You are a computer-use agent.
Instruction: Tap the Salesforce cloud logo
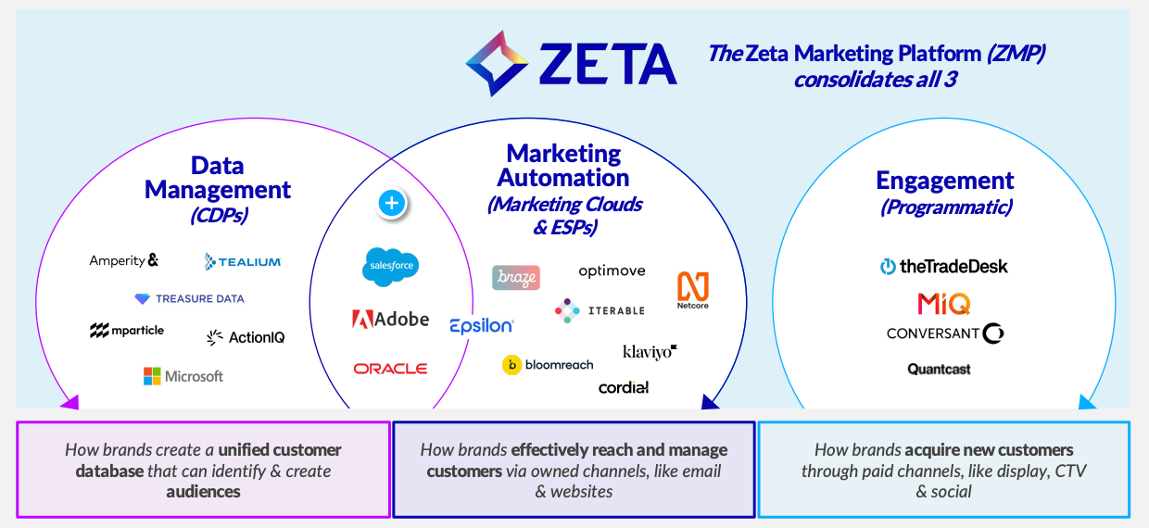pyautogui.click(x=390, y=267)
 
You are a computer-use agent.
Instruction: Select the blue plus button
pyautogui.click(x=392, y=203)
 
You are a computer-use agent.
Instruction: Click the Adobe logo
pyautogui.click(x=390, y=320)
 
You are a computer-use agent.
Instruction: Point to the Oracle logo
pyautogui.click(x=390, y=369)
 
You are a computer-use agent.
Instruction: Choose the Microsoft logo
pyautogui.click(x=183, y=376)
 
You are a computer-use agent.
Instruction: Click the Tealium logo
pyautogui.click(x=243, y=262)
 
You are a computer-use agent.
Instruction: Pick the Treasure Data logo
pyautogui.click(x=189, y=299)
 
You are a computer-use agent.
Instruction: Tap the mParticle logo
pyautogui.click(x=127, y=331)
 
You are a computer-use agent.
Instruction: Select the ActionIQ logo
pyautogui.click(x=246, y=337)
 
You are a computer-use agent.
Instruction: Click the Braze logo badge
pyautogui.click(x=516, y=278)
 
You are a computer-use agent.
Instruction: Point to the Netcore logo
pyautogui.click(x=693, y=290)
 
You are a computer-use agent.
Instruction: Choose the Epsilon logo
pyautogui.click(x=481, y=325)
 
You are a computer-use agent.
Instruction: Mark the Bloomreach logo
pyautogui.click(x=548, y=365)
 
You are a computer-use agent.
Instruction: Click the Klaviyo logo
pyautogui.click(x=650, y=352)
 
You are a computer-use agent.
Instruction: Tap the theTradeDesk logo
pyautogui.click(x=943, y=267)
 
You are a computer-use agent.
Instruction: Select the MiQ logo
pyautogui.click(x=943, y=303)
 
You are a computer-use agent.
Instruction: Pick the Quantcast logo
pyautogui.click(x=939, y=370)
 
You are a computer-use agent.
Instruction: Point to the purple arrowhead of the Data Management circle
pyautogui.click(x=70, y=402)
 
